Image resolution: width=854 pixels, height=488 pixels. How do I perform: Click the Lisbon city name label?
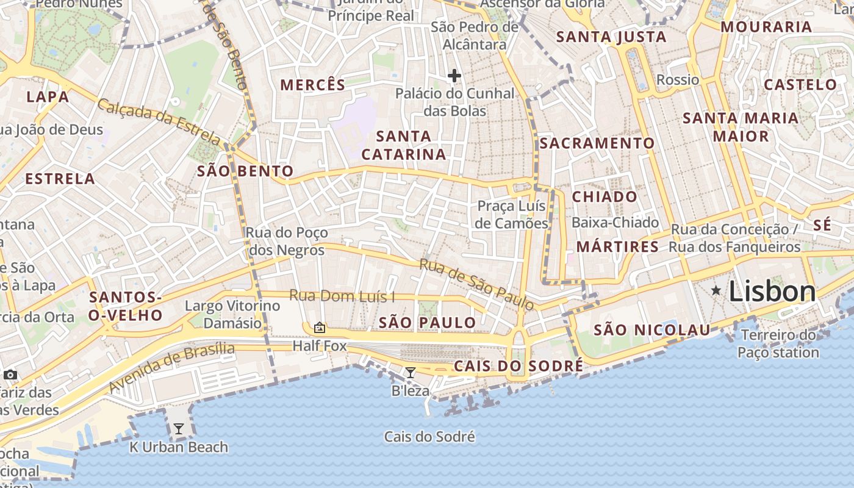click(x=772, y=292)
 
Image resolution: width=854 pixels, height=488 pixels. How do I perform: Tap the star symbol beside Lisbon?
click(x=716, y=292)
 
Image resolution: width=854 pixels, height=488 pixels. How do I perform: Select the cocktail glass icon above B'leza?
click(x=411, y=373)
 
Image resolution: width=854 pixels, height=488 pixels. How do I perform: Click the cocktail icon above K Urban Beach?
click(x=178, y=429)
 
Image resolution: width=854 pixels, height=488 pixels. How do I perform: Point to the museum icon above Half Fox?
click(x=319, y=328)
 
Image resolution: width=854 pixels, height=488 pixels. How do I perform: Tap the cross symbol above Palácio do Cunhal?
click(x=454, y=76)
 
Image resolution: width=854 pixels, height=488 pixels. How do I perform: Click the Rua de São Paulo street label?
click(x=476, y=284)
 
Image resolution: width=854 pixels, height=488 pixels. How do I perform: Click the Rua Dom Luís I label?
click(x=342, y=296)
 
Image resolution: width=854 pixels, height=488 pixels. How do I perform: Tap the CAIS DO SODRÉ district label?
click(x=518, y=366)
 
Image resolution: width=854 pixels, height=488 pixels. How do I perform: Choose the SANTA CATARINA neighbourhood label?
click(x=404, y=145)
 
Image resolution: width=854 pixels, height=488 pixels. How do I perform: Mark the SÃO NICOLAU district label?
click(x=651, y=330)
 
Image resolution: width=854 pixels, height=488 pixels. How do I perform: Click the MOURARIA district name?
click(x=766, y=27)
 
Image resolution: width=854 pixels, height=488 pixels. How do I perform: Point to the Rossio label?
click(x=678, y=80)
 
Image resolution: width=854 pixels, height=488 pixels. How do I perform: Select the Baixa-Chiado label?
click(x=615, y=223)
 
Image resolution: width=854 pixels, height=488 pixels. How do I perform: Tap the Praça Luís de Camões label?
click(x=511, y=215)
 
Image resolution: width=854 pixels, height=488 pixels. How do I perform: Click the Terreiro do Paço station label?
click(x=778, y=343)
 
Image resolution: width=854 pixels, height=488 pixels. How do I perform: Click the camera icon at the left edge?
click(x=10, y=375)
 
